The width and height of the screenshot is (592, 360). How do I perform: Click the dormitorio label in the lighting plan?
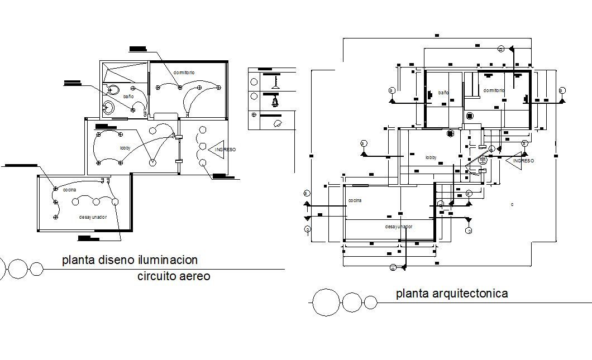point(184,73)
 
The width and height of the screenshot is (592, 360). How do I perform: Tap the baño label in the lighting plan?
point(128,97)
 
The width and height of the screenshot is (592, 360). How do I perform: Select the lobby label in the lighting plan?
point(125,148)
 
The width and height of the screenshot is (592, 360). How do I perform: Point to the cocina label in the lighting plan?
point(69,190)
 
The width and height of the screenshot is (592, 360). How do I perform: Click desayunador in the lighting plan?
point(93,217)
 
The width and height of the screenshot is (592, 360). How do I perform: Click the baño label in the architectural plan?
point(443,93)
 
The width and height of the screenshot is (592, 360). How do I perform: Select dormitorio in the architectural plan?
point(494,90)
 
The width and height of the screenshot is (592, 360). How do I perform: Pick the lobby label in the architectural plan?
point(431,158)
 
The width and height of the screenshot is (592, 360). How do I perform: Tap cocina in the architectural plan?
point(355,200)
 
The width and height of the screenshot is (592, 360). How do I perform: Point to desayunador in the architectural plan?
point(399,227)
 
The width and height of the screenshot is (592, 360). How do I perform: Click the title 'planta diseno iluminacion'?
point(130,260)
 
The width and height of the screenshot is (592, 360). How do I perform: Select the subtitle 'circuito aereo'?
point(174,276)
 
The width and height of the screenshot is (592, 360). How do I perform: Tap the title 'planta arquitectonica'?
point(452,293)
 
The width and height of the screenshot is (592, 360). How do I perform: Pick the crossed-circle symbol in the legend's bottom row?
point(254,114)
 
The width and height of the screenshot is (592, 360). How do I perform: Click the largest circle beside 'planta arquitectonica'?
point(326,303)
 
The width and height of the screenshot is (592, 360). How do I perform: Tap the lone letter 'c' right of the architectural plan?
point(512,205)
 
